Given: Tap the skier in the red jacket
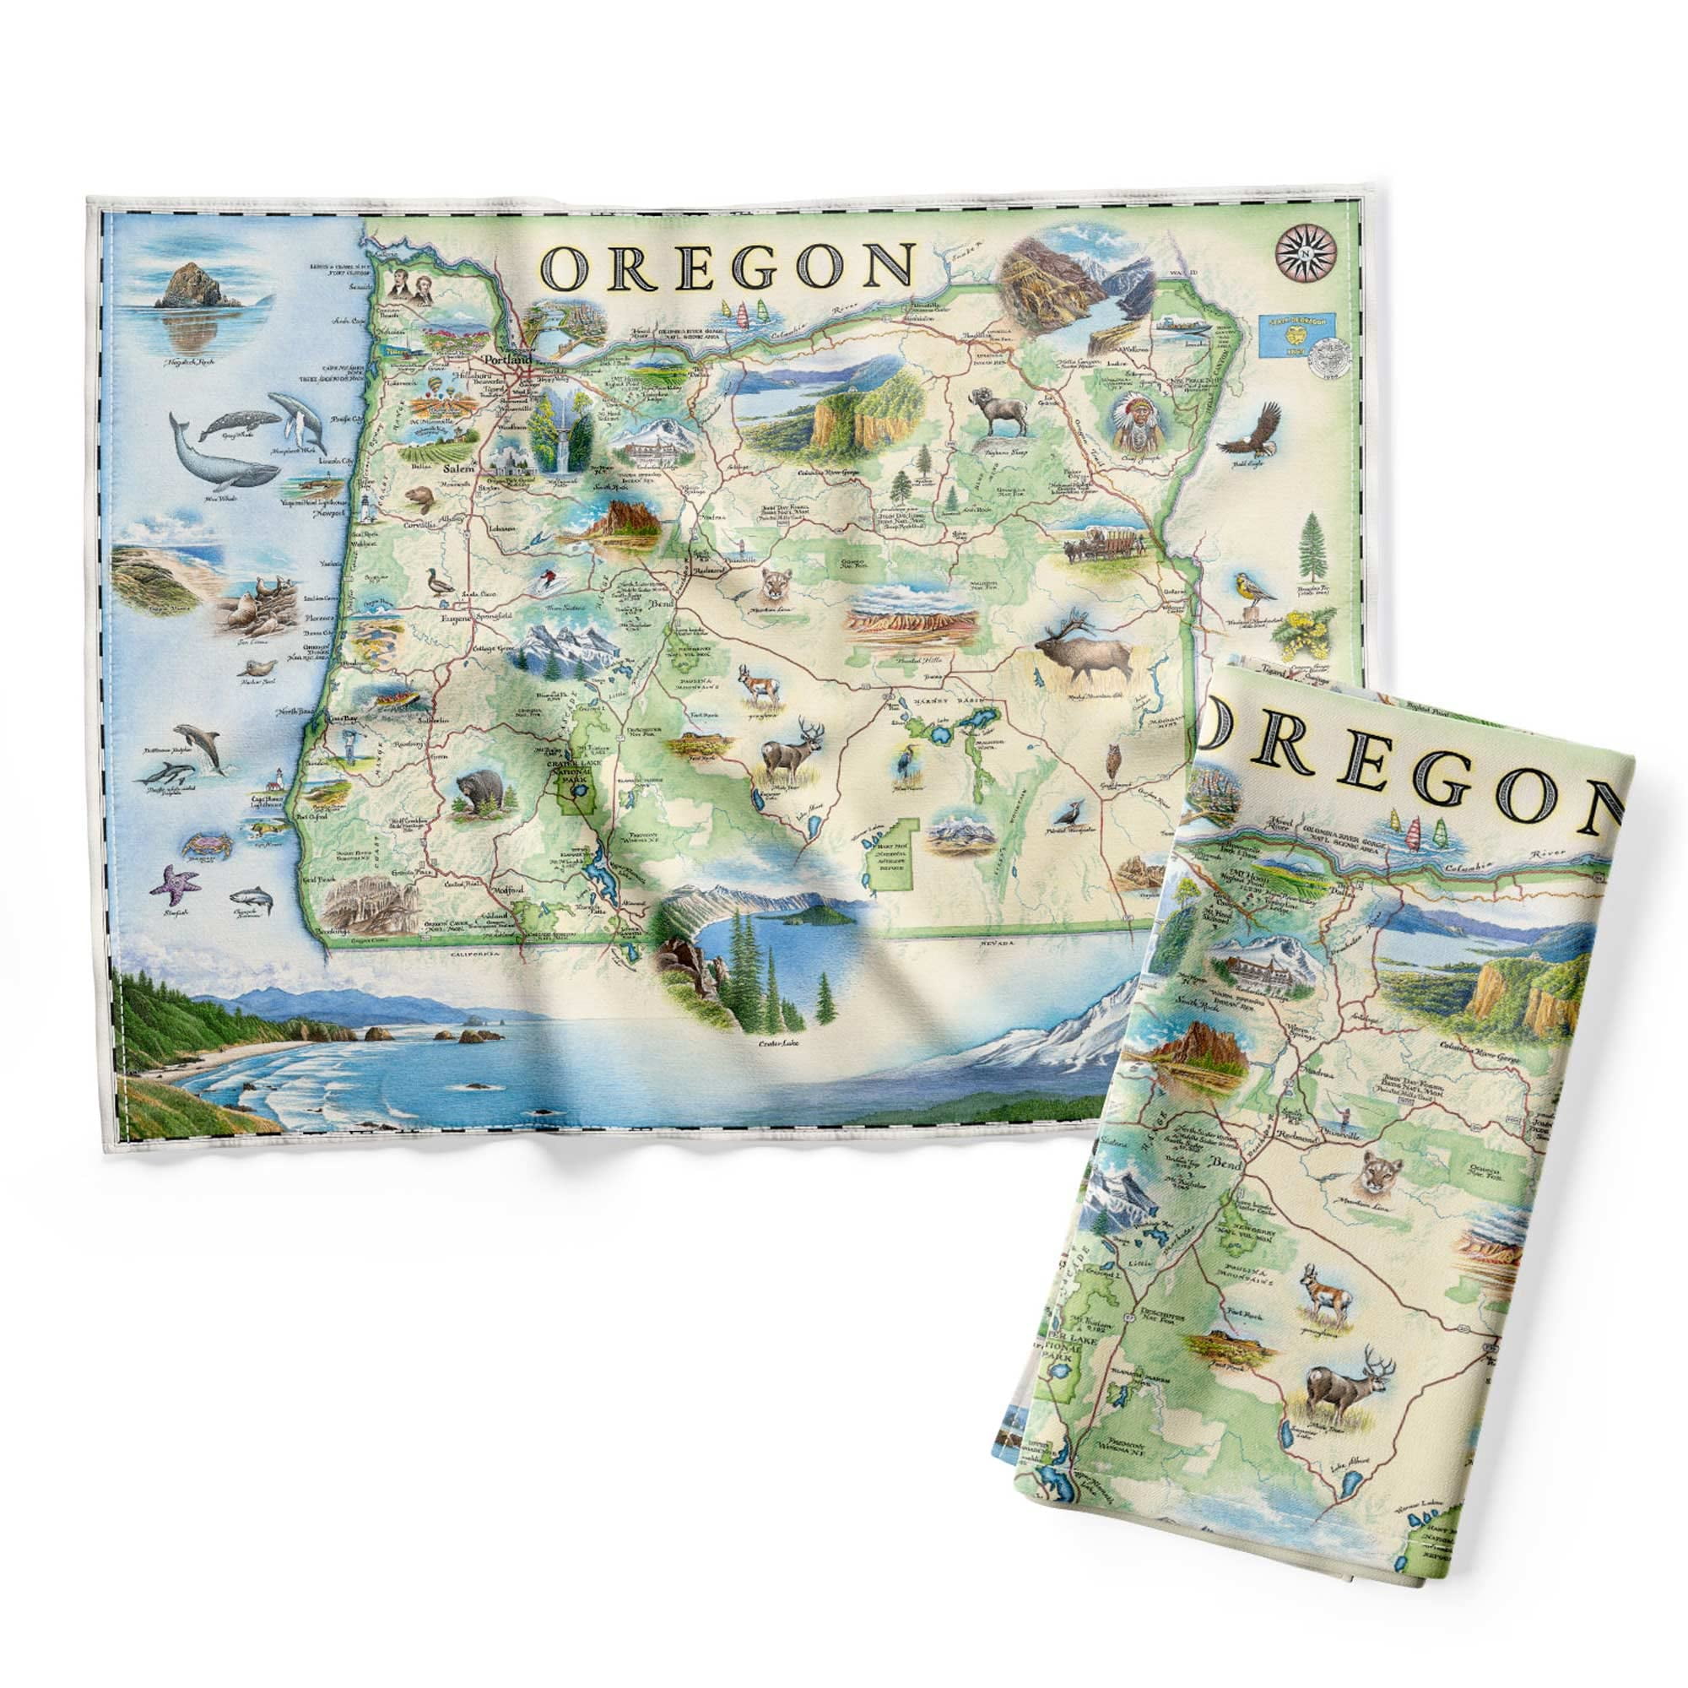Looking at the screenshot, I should [x=547, y=577].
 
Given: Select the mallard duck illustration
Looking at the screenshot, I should [x=433, y=582].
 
